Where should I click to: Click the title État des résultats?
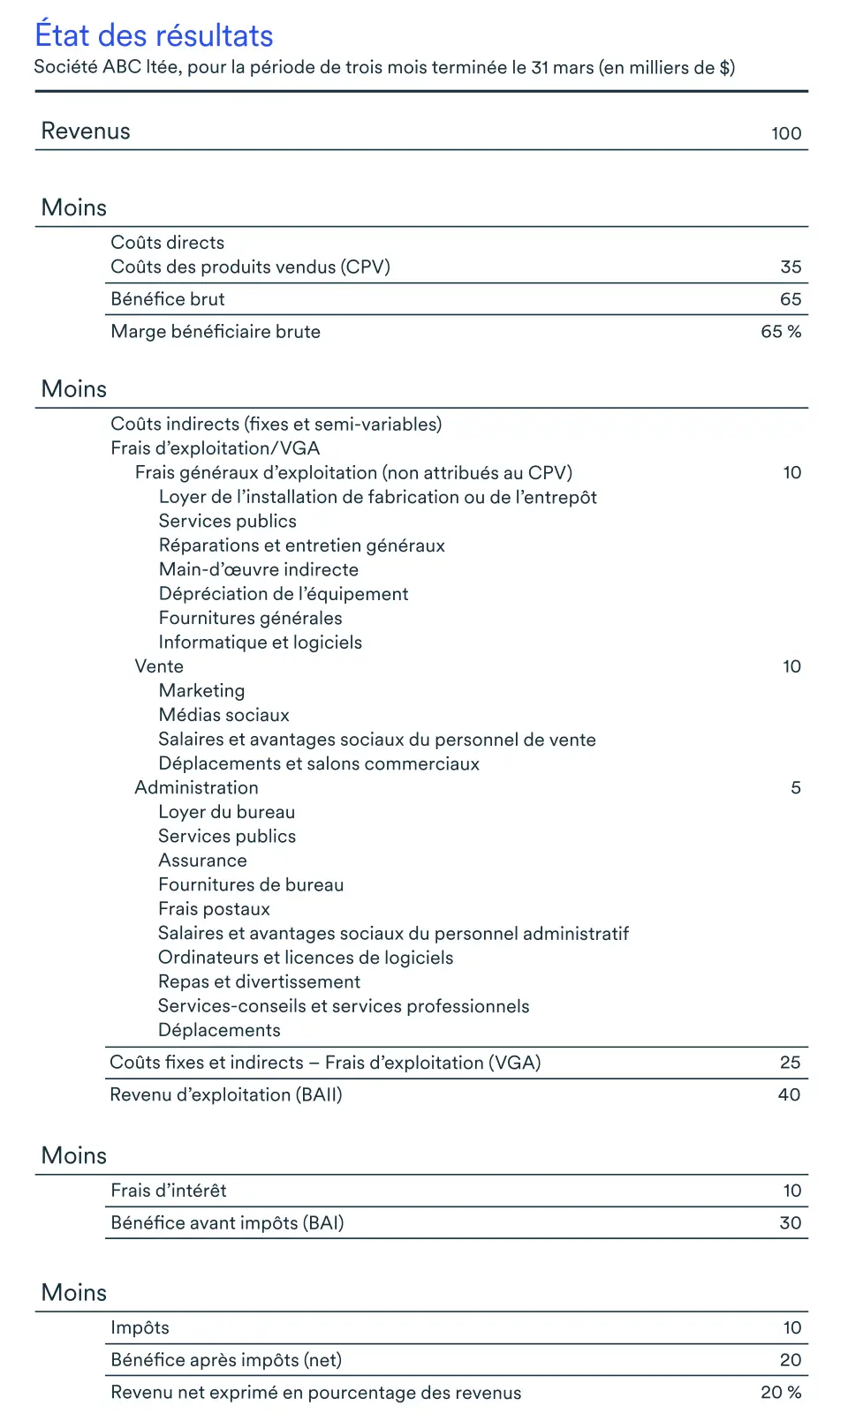[x=154, y=35]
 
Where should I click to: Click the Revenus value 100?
[x=785, y=133]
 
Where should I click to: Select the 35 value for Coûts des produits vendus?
[x=791, y=267]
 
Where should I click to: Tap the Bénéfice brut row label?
[x=168, y=299]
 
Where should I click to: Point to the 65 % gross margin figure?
[x=781, y=332]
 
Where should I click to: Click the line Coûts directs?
[x=167, y=243]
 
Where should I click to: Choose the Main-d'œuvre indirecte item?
[x=258, y=569]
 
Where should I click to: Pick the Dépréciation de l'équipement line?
[x=283, y=594]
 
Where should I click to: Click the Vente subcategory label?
[x=159, y=666]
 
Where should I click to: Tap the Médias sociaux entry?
[x=223, y=715]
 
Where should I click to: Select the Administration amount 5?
[x=795, y=787]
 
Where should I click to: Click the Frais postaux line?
[x=214, y=909]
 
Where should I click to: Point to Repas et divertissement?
[x=259, y=981]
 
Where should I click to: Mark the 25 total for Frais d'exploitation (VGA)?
[x=790, y=1063]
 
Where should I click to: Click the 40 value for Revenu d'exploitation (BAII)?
[x=789, y=1094]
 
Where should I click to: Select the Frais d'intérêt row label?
[x=169, y=1191]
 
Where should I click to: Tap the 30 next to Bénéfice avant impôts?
[x=790, y=1223]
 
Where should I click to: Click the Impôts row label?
[x=140, y=1327]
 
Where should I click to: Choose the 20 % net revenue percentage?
[x=781, y=1392]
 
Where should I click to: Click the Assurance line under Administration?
[x=202, y=861]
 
